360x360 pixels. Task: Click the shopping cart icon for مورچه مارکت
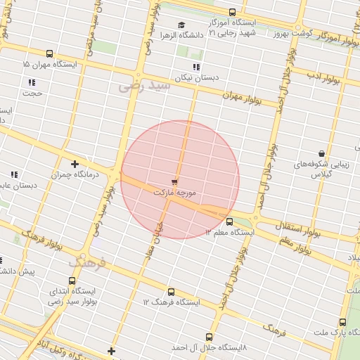click(x=174, y=182)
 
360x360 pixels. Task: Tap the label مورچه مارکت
click(x=174, y=192)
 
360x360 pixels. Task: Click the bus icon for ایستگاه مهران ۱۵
click(x=49, y=53)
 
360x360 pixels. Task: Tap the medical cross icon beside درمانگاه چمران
click(x=75, y=164)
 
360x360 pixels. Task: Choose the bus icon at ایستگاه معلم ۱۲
click(x=229, y=222)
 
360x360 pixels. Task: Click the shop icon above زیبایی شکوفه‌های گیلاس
click(x=321, y=153)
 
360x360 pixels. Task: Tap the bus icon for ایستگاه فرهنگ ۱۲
click(x=170, y=292)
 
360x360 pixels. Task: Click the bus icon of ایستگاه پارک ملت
click(x=342, y=322)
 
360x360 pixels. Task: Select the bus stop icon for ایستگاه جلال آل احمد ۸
click(x=209, y=337)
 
